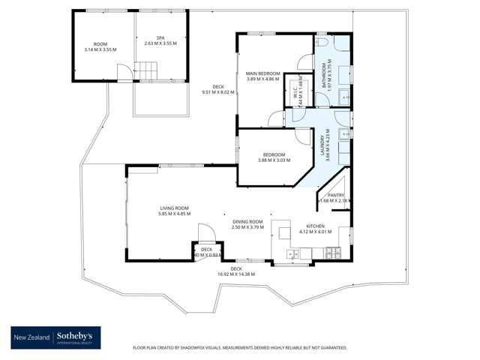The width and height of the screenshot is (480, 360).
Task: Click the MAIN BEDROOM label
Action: [x=262, y=73]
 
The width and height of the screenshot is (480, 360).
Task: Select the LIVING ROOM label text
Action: [x=173, y=208]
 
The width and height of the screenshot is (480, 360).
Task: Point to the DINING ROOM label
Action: [x=247, y=221]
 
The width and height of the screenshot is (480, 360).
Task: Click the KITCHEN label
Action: [x=315, y=226]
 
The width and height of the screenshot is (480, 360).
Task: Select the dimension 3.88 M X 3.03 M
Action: [x=273, y=160]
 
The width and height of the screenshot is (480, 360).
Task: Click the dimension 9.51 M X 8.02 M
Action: [x=218, y=92]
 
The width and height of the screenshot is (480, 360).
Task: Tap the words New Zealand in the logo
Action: [x=33, y=338]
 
